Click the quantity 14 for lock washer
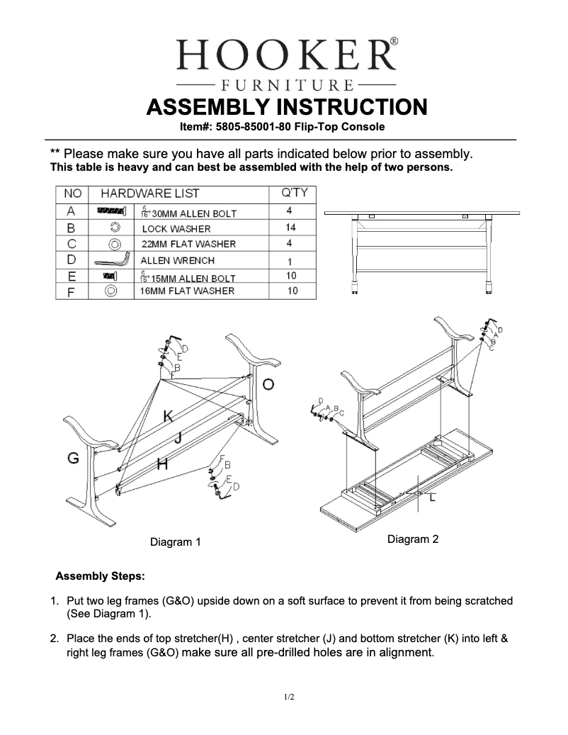290,228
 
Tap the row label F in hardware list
71,291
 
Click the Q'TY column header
293,193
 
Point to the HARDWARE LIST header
149,193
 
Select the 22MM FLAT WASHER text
188,244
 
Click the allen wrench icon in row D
110,259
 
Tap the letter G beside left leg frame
73,459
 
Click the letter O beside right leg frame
269,384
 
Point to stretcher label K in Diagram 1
168,416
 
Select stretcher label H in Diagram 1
162,465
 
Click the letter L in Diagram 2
432,500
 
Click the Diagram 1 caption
175,542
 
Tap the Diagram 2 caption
413,539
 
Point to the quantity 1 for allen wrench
290,261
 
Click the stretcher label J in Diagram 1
178,439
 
